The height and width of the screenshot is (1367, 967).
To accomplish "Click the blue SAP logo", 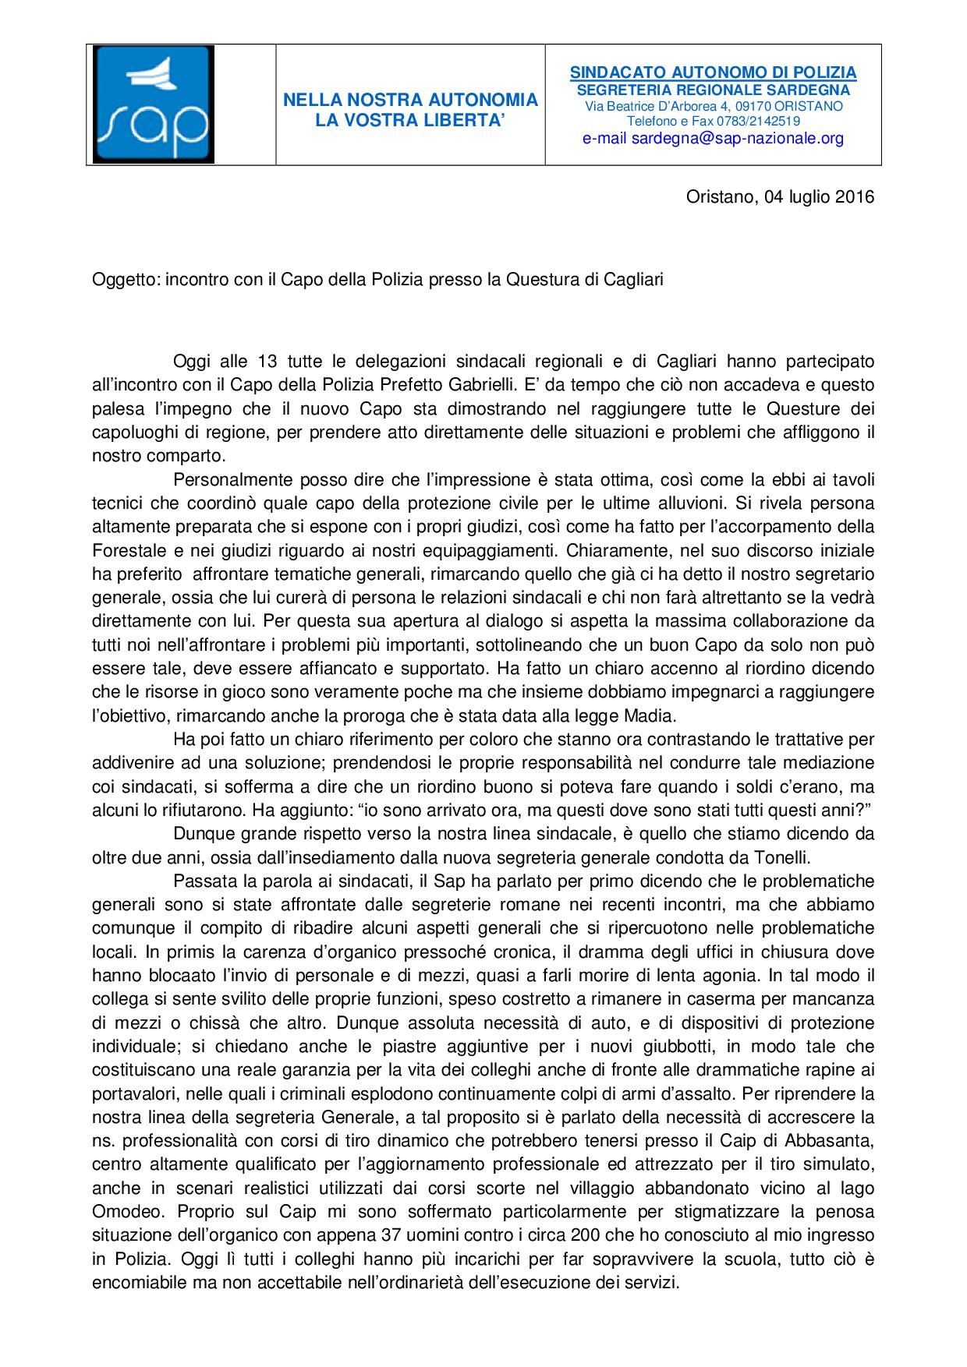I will (153, 104).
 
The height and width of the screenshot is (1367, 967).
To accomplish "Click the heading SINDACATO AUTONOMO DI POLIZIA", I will (713, 72).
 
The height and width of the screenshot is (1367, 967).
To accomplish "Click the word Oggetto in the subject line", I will (126, 280).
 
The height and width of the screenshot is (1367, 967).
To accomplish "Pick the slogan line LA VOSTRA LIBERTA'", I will (410, 120).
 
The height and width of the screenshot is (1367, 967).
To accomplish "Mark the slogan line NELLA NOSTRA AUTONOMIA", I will (410, 100).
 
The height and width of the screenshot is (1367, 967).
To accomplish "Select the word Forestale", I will (124, 550).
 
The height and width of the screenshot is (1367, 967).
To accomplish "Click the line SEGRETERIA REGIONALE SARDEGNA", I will (713, 90).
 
